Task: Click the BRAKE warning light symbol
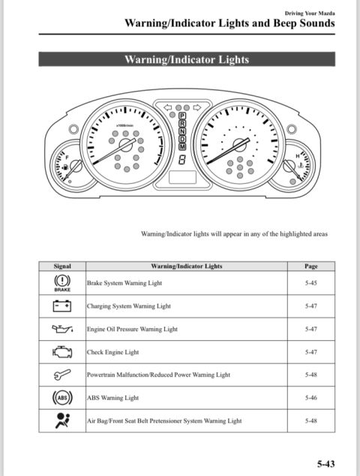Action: click(x=62, y=282)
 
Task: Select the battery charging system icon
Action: click(x=62, y=306)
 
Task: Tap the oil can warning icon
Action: click(x=62, y=329)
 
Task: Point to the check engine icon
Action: click(x=62, y=352)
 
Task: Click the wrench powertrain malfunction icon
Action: click(x=62, y=375)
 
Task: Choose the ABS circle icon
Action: click(x=62, y=398)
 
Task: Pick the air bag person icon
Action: click(x=62, y=420)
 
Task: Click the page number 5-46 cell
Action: click(x=311, y=398)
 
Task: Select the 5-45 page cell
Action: click(x=311, y=283)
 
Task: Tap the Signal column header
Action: click(x=62, y=267)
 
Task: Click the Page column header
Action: click(x=311, y=267)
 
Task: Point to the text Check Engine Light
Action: click(x=112, y=352)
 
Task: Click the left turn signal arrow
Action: click(x=168, y=107)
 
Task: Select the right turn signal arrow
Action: click(x=197, y=107)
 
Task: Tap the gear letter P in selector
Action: click(x=182, y=116)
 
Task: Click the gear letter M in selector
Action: click(x=182, y=146)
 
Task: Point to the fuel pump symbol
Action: click(x=65, y=167)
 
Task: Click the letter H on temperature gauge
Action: click(x=298, y=156)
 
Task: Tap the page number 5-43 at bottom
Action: click(x=326, y=464)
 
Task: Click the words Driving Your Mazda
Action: click(x=310, y=14)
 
